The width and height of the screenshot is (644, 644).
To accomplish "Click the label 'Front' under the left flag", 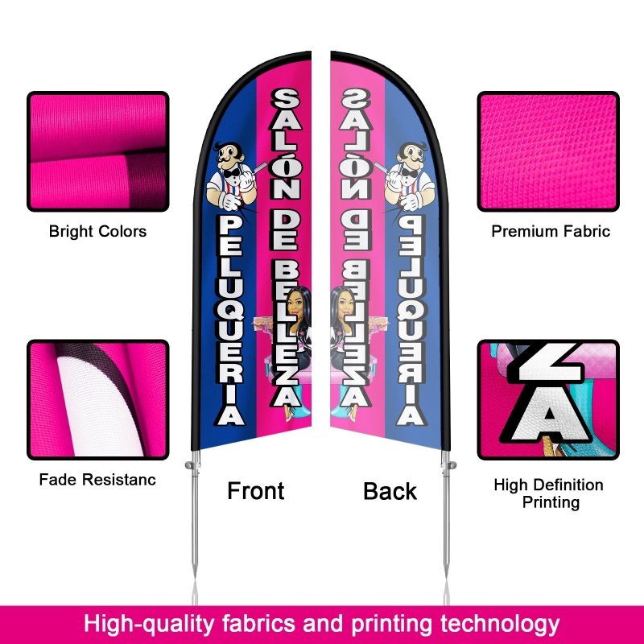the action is [x=255, y=491].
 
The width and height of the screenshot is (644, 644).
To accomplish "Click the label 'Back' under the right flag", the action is [x=390, y=491].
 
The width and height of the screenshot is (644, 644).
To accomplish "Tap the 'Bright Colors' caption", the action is [x=97, y=231].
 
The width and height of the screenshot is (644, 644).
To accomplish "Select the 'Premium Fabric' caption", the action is [x=551, y=231].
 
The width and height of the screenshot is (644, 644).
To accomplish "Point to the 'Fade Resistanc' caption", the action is [x=97, y=479].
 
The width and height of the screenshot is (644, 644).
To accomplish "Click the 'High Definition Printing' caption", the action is [x=549, y=493].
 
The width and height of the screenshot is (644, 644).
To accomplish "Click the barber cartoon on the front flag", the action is [x=232, y=175].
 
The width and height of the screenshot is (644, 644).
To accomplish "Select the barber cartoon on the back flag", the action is [x=409, y=175].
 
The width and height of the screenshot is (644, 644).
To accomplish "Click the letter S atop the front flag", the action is [x=285, y=99].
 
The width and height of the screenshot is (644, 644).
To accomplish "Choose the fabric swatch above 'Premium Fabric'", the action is [x=548, y=151].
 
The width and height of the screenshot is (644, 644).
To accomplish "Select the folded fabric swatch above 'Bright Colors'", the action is [x=98, y=151].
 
